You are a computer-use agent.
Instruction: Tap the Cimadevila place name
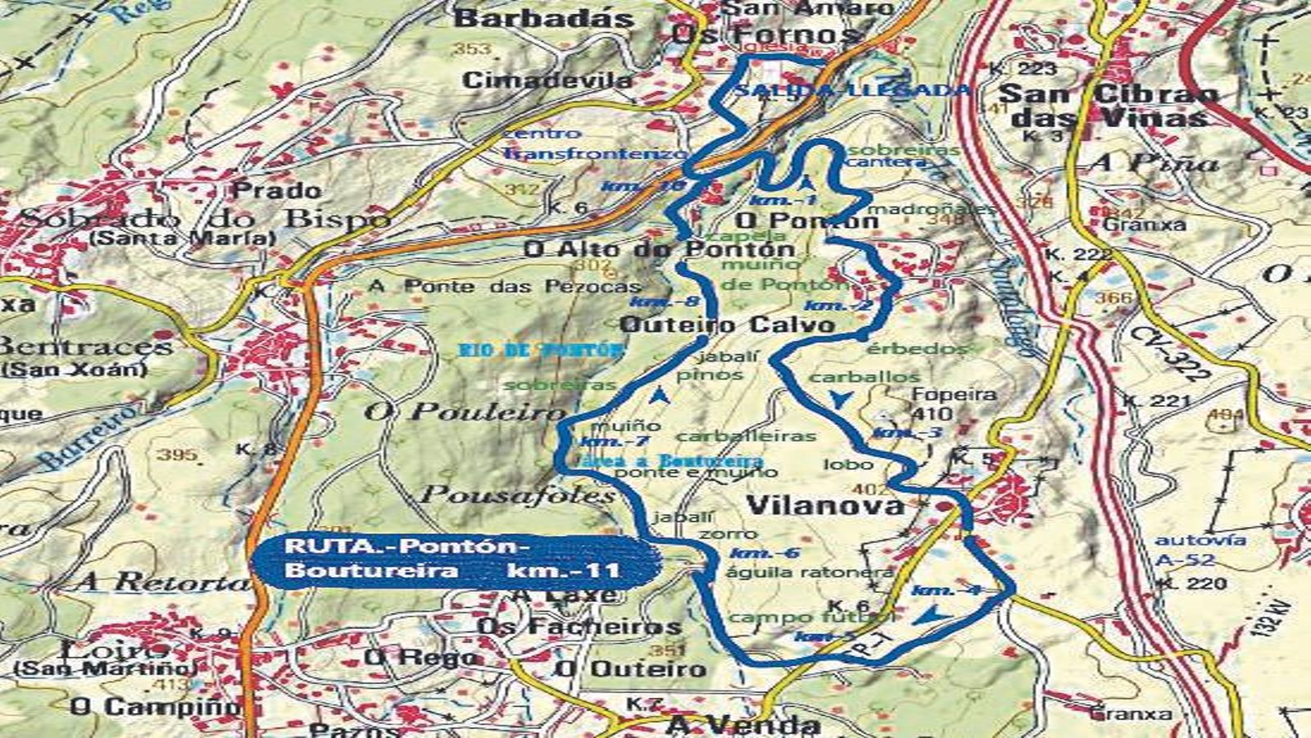547,80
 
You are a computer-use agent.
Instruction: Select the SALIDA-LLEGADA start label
852,90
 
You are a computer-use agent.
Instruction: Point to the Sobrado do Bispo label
204,219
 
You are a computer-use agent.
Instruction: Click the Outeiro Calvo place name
727,325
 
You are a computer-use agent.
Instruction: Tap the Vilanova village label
826,504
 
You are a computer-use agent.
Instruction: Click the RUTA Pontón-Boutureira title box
455,559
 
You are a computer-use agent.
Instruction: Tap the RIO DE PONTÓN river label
540,350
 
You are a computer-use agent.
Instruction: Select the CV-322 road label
1169,353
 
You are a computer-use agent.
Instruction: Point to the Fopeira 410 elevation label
942,403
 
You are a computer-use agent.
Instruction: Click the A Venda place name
742,724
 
